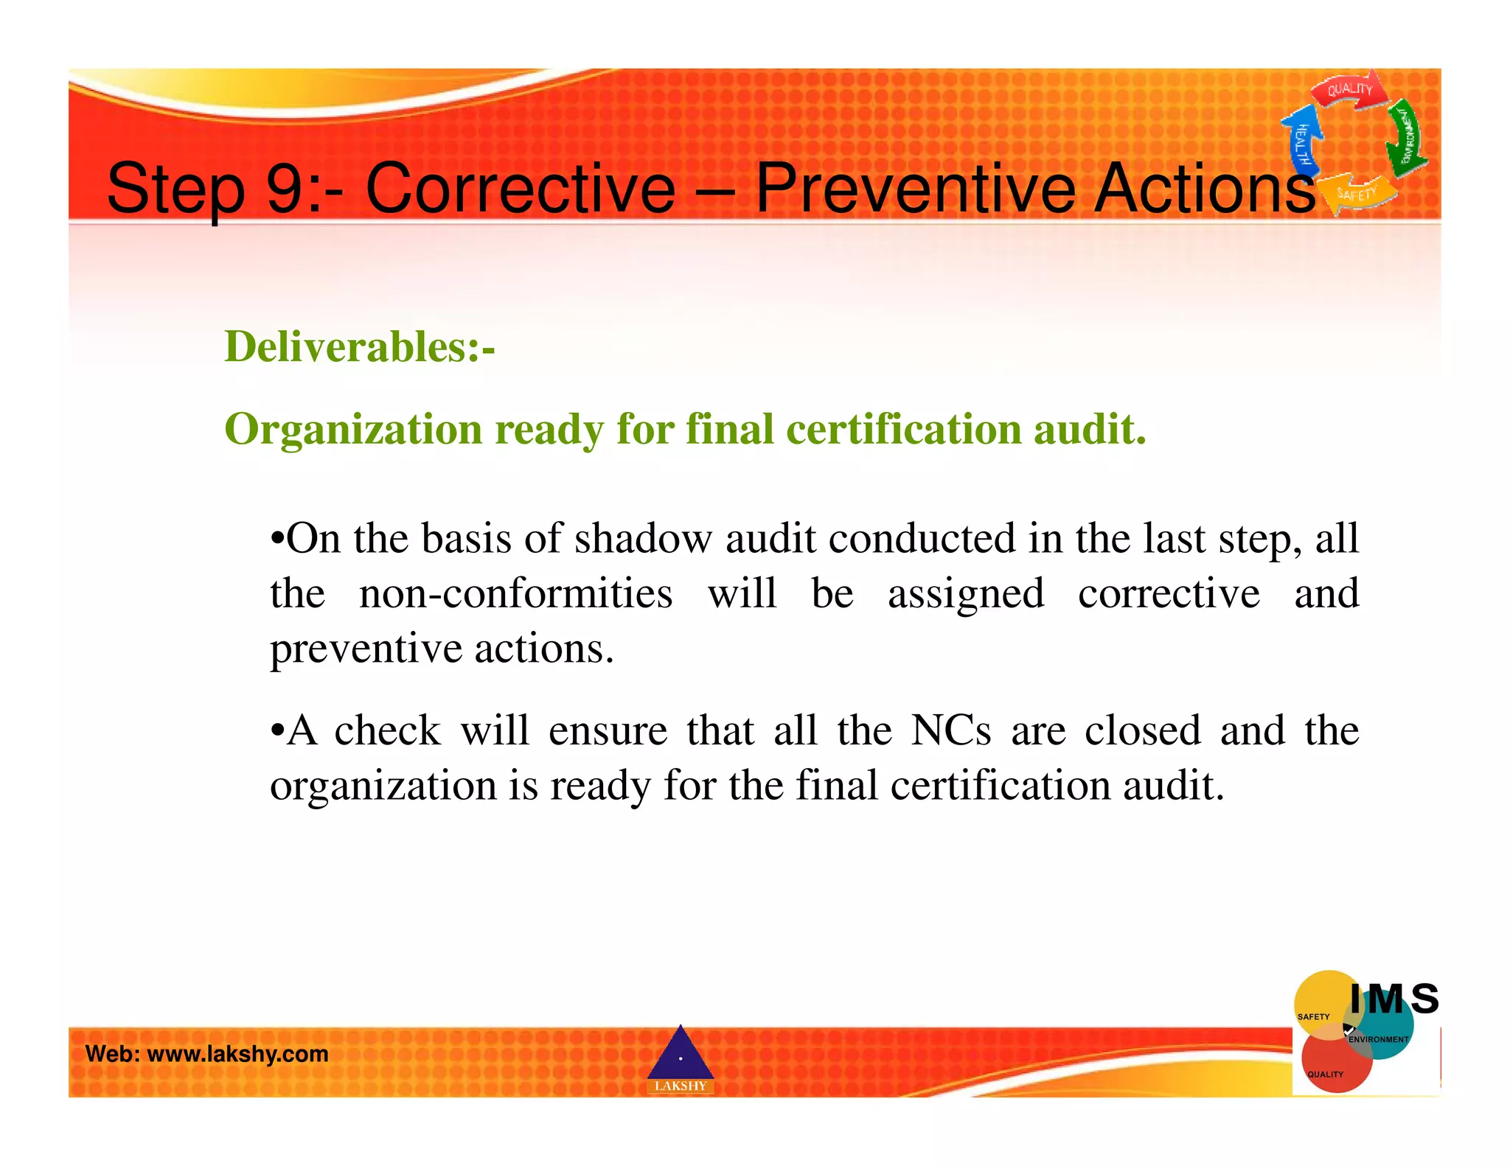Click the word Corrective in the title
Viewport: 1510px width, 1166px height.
coord(520,189)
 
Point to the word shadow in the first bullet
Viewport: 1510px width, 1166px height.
coord(643,538)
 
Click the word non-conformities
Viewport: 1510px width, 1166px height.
coord(515,593)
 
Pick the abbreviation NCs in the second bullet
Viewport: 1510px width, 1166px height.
coord(950,730)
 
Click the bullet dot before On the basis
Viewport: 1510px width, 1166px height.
coord(277,539)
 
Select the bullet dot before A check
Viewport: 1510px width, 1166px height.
coord(277,731)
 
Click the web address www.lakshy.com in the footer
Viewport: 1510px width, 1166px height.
coord(237,1054)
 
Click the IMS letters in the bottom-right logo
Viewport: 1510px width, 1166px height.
coord(1394,999)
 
